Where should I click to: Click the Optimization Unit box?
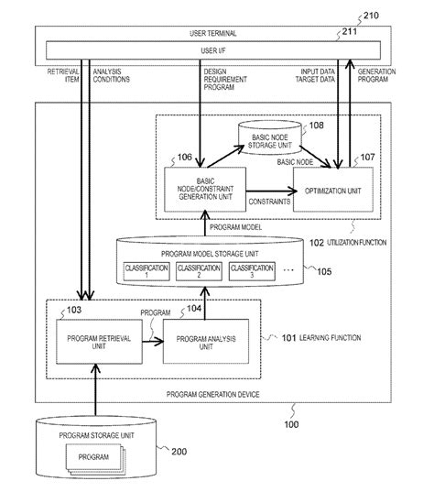[x=333, y=190]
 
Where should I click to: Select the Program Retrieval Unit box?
[x=99, y=342]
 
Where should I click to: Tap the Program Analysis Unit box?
[x=206, y=342]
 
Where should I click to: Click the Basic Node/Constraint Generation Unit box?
[x=205, y=190]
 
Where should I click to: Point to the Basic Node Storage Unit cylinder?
[x=270, y=137]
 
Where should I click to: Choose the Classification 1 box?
[x=146, y=271]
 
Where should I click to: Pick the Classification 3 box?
[x=252, y=271]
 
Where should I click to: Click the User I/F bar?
[x=213, y=50]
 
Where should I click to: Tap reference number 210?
[x=371, y=16]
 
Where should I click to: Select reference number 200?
[x=179, y=452]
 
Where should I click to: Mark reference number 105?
[x=324, y=271]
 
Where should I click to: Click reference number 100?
[x=291, y=424]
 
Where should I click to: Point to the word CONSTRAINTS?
[x=269, y=202]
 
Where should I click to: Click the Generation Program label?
[x=376, y=75]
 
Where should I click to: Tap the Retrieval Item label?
[x=63, y=75]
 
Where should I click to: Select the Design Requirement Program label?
[x=225, y=80]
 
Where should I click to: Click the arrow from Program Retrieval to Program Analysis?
[x=153, y=342]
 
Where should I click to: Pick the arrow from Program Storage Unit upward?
[x=95, y=390]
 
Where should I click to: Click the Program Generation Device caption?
[x=213, y=394]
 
